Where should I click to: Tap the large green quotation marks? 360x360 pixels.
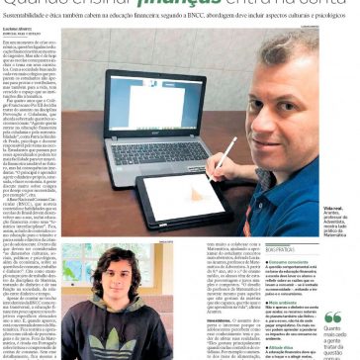pos(332,318)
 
